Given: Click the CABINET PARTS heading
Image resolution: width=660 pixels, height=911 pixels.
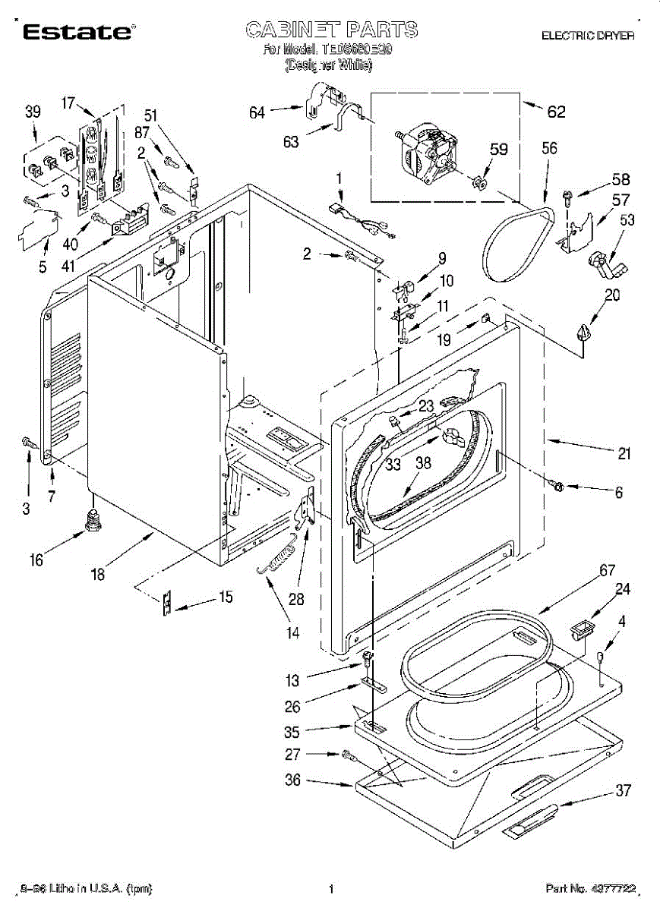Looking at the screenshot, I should (x=331, y=30).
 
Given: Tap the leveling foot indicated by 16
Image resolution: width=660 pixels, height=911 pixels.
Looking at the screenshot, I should (x=94, y=523).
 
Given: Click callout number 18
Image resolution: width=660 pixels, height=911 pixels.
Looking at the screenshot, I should (x=97, y=575).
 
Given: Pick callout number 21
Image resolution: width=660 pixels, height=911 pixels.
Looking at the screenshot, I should (x=624, y=454).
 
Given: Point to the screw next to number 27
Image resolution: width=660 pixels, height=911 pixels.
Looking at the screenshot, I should (x=349, y=755).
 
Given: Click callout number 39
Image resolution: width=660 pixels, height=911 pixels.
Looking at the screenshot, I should (x=32, y=112).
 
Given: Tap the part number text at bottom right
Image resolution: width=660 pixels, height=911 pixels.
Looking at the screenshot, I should (x=590, y=887).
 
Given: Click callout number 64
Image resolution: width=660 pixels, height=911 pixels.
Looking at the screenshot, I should (x=257, y=113).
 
